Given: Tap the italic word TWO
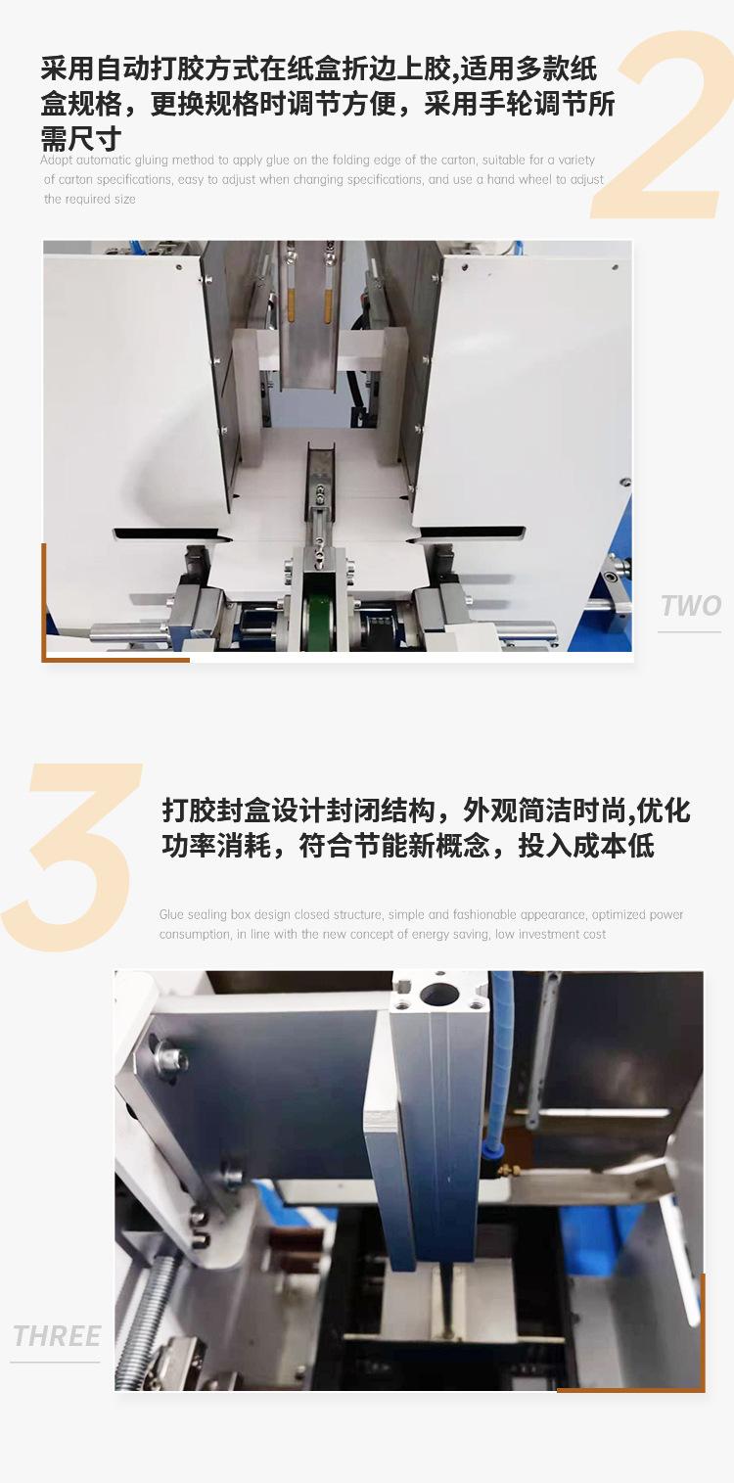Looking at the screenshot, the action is [690, 606].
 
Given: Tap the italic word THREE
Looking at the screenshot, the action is [57, 1336].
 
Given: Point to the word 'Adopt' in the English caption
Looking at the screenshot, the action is [56, 161].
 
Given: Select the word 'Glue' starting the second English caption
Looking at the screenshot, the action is [171, 914].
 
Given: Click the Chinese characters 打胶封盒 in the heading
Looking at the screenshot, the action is [215, 811].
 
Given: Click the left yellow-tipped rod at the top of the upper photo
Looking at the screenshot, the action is [290, 285].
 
